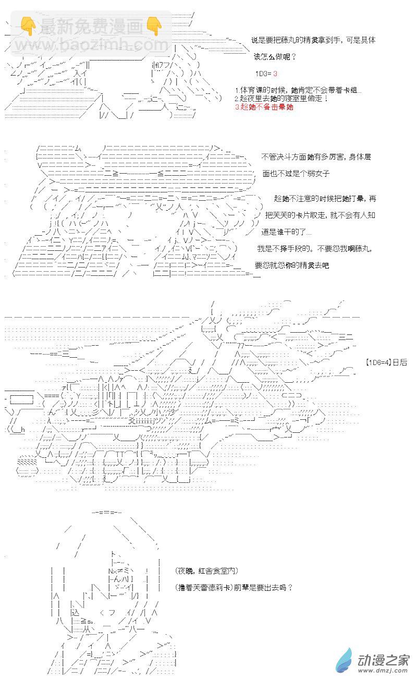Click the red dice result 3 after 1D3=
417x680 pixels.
coord(275,74)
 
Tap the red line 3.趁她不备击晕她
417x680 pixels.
coord(264,107)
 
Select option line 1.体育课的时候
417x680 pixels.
coord(298,90)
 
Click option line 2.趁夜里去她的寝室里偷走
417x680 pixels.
coord(281,99)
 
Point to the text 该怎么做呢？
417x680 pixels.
coord(275,57)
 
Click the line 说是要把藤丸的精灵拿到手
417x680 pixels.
coord(313,40)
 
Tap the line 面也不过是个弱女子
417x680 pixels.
coord(296,173)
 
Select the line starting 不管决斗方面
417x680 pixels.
coord(316,156)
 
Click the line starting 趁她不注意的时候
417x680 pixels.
coord(325,199)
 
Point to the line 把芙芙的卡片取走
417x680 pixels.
coord(320,215)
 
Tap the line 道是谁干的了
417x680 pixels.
coord(286,232)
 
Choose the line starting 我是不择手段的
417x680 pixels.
coord(314,249)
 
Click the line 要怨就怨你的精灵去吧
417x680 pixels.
coord(292,265)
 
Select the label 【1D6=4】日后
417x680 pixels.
coord(386,362)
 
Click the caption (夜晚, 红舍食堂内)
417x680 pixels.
coord(207,570)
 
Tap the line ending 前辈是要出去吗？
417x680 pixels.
coord(234,587)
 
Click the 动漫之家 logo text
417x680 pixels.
coord(384,660)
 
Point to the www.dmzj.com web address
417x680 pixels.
coord(384,670)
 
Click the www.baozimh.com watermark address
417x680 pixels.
coord(92,45)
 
